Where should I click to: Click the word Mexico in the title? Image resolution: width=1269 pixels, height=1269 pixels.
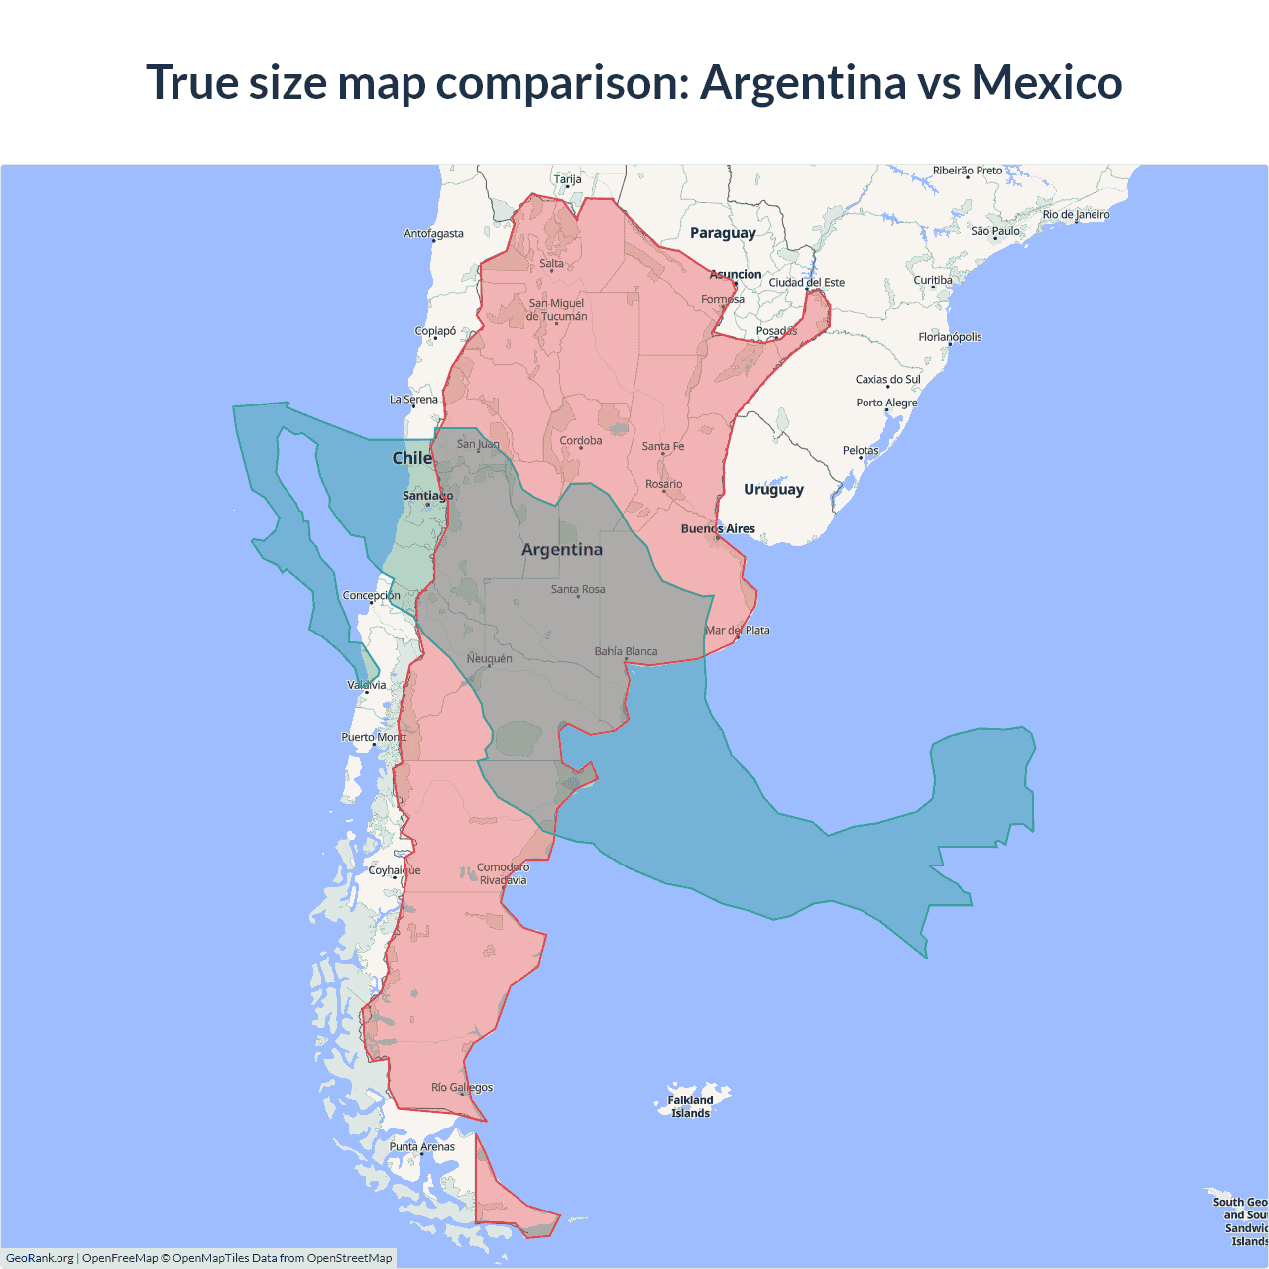coord(1046,82)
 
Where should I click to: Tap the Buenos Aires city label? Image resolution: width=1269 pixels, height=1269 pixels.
coord(718,529)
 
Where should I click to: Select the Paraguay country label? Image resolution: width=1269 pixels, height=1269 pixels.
coord(723,233)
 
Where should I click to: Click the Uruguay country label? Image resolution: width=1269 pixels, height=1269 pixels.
coord(773,490)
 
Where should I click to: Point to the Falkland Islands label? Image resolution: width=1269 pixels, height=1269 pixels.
coord(690,1106)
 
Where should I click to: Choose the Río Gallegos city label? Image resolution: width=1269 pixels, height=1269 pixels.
coord(462,1088)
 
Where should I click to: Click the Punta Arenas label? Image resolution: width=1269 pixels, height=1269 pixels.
coord(422,1147)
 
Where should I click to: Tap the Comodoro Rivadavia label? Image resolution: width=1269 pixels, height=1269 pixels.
coord(503,873)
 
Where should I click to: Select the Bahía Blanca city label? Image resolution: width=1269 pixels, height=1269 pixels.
coord(626,651)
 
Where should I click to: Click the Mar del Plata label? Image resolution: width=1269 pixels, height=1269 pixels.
coord(738,631)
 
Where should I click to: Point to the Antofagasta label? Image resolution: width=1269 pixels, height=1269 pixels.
coord(433,234)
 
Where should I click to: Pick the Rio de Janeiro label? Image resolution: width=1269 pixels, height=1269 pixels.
coord(1076,215)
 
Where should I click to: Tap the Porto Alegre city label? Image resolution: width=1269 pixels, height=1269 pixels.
coord(886,403)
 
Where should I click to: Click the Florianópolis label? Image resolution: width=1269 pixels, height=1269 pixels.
coord(950,337)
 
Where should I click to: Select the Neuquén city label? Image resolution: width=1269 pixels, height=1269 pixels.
coord(490,659)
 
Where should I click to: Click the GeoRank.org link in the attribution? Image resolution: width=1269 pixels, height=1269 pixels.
coord(40,1258)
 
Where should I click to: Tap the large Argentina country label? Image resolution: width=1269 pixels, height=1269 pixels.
coord(562,550)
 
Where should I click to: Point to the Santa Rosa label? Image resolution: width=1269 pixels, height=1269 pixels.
coord(578,589)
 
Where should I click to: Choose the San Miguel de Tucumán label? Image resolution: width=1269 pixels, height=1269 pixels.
coord(556,310)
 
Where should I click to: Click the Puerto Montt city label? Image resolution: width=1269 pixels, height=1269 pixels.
coord(374,737)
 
